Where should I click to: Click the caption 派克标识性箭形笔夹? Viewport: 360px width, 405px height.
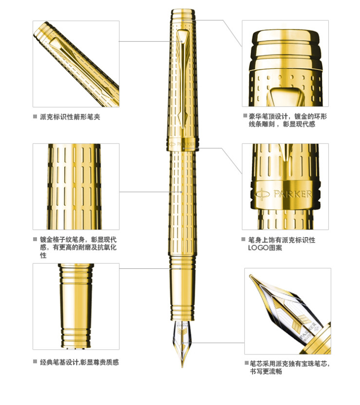pyautogui.click(x=70, y=117)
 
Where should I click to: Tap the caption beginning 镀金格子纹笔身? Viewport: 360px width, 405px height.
pyautogui.click(x=78, y=247)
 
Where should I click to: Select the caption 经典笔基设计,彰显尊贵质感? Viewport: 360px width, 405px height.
pyautogui.click(x=79, y=362)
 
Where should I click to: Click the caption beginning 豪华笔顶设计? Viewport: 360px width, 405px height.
pyautogui.click(x=288, y=120)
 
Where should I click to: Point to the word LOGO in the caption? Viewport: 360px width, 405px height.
pyautogui.click(x=258, y=247)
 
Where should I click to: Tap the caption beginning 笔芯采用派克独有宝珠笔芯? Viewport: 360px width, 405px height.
pyautogui.click(x=289, y=368)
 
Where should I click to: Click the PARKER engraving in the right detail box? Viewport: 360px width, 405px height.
pyautogui.click(x=293, y=194)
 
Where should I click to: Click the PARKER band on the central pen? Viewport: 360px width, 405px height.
pyautogui.click(x=182, y=144)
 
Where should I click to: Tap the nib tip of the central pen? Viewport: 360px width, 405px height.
pyautogui.click(x=182, y=366)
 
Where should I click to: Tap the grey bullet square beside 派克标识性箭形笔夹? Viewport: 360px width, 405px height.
pyautogui.click(x=35, y=117)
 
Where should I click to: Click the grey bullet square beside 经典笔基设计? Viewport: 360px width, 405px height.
pyautogui.click(x=35, y=362)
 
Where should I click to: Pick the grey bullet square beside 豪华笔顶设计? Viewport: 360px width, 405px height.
pyautogui.click(x=245, y=116)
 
